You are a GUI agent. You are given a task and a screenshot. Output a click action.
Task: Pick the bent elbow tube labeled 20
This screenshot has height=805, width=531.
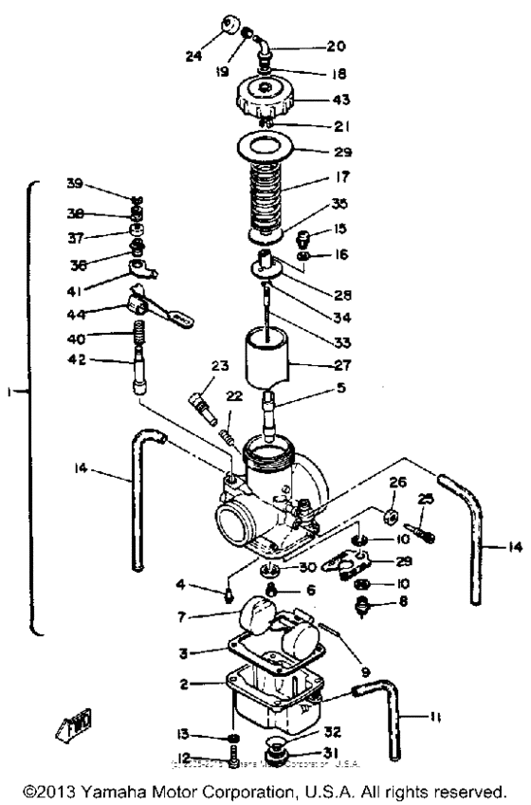275,46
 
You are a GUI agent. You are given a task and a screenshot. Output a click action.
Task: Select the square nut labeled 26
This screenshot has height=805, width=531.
388,517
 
